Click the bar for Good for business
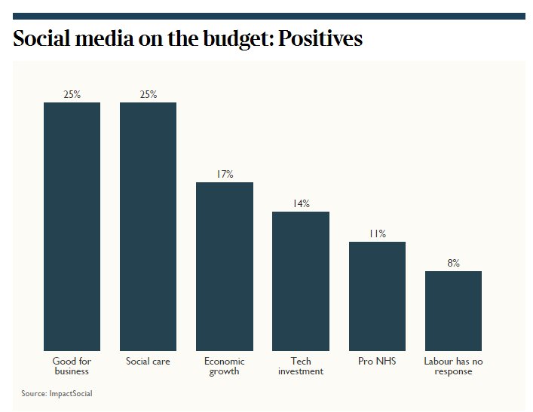point(72,226)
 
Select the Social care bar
point(148,226)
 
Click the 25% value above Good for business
point(72,94)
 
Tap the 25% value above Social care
point(149,94)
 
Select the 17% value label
point(225,174)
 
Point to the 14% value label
point(301,203)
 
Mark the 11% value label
point(377,233)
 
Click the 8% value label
point(453,263)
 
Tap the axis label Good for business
point(72,366)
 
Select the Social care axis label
point(148,362)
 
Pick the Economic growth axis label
point(225,366)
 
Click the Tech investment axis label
point(301,366)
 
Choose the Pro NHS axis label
point(377,362)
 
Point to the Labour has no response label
point(453,366)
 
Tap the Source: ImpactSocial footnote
point(57,393)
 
